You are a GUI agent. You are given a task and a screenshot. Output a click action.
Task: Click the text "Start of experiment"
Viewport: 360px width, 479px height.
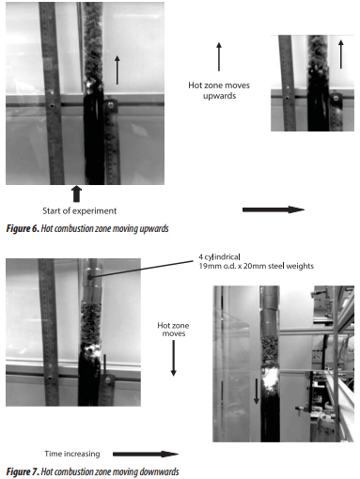pos(80,210)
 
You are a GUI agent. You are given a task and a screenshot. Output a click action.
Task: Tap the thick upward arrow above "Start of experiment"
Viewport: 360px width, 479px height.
pos(76,194)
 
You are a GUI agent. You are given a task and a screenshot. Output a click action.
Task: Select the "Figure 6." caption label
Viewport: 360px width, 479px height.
pos(23,228)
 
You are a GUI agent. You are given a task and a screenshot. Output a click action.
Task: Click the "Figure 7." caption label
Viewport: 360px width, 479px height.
pos(23,471)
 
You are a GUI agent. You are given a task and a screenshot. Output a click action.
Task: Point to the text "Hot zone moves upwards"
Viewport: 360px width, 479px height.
pos(219,90)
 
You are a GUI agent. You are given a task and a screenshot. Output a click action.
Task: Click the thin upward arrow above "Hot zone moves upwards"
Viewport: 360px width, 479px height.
pos(219,56)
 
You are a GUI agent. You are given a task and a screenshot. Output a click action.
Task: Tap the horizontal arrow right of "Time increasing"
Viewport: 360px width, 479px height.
pos(146,454)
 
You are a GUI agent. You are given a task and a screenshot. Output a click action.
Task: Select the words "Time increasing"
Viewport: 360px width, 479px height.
pos(72,454)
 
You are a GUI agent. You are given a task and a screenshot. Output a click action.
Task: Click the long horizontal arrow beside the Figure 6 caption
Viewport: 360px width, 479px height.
pos(274,209)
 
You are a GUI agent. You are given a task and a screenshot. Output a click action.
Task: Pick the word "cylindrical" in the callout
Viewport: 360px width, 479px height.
pos(223,257)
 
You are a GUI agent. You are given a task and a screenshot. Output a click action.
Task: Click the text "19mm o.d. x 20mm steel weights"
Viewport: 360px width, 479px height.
pos(257,266)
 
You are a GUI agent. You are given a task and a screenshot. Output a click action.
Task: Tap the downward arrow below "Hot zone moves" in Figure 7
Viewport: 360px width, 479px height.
pos(173,358)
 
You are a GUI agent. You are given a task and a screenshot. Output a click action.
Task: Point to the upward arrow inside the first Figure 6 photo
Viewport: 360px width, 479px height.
pos(117,70)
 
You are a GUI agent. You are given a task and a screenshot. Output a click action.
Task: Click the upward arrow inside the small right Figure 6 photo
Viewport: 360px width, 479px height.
pos(341,54)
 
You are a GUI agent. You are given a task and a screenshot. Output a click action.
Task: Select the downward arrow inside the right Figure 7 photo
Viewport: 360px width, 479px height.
pos(257,391)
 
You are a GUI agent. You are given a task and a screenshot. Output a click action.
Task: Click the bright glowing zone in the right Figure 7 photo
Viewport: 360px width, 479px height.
pos(270,379)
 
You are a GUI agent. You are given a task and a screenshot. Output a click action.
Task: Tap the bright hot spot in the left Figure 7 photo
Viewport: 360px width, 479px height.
pos(91,349)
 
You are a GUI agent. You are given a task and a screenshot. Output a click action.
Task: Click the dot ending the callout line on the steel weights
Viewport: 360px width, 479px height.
pos(89,277)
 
